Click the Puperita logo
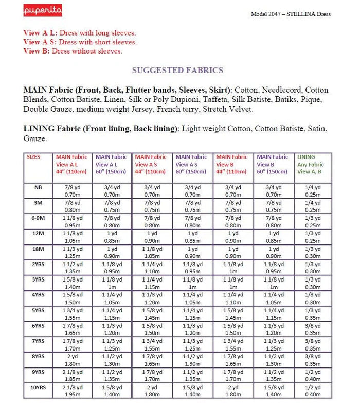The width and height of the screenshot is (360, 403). tap(42, 11)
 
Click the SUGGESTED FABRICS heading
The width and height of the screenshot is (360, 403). tap(177, 70)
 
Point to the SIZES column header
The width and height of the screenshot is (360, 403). tap(34, 157)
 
